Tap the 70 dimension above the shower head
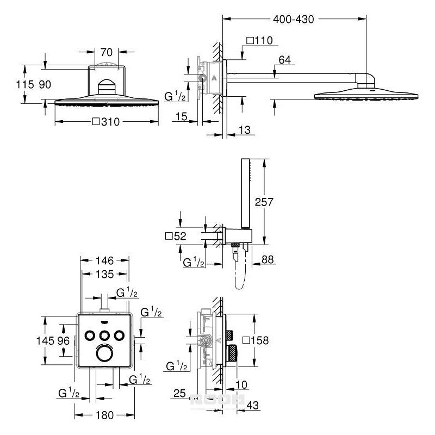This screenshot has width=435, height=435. [x=107, y=53]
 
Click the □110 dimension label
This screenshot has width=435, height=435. [x=259, y=40]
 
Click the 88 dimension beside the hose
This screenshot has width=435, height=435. [x=267, y=261]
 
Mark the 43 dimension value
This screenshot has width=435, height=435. [x=251, y=406]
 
